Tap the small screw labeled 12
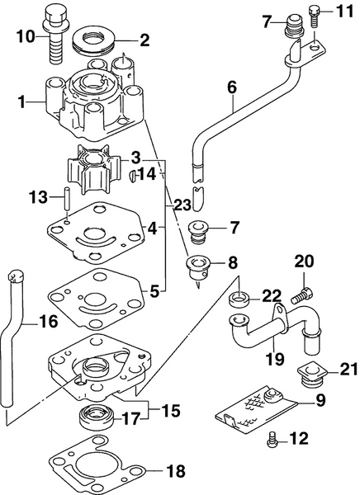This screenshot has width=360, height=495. coord(273,441)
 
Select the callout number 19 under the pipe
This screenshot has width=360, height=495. coord(274,359)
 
